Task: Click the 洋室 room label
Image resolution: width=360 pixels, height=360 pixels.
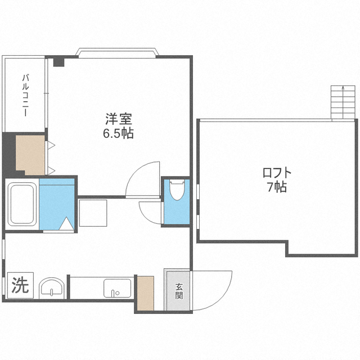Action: pyautogui.click(x=119, y=119)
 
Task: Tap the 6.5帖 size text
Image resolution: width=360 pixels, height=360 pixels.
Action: pyautogui.click(x=118, y=133)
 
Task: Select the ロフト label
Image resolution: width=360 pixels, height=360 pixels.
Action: pyautogui.click(x=277, y=173)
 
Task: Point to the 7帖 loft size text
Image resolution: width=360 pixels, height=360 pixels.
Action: pyautogui.click(x=277, y=187)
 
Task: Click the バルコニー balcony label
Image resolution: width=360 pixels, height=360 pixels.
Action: pyautogui.click(x=25, y=95)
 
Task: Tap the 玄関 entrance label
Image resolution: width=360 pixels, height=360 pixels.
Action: pyautogui.click(x=179, y=291)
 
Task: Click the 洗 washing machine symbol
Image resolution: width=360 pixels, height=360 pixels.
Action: pyautogui.click(x=20, y=285)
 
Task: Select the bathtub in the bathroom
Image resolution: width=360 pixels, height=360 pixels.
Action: pyautogui.click(x=22, y=204)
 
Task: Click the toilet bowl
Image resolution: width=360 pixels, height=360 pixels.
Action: pyautogui.click(x=177, y=190)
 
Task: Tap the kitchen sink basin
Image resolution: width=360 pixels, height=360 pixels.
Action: pyautogui.click(x=118, y=288)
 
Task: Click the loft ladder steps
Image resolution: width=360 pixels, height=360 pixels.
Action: pyautogui.click(x=343, y=102)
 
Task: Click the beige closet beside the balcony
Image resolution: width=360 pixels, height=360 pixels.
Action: pyautogui.click(x=30, y=155)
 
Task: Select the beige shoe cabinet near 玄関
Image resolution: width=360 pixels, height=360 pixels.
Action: pyautogui.click(x=146, y=293)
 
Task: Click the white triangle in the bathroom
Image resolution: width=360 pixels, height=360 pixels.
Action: pyautogui.click(x=66, y=223)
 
